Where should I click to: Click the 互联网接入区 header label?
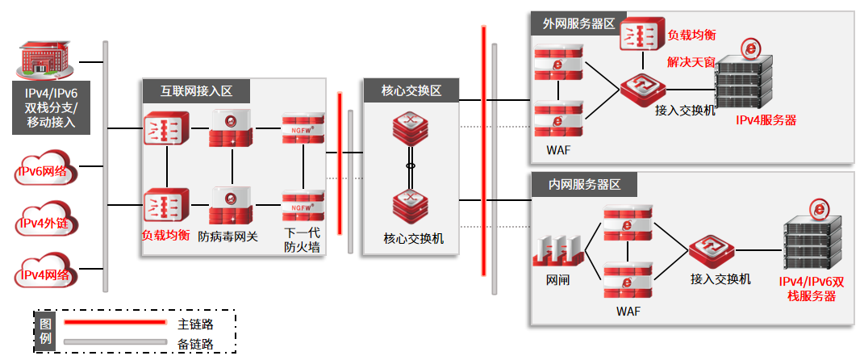[194, 91]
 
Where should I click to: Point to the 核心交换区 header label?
[411, 91]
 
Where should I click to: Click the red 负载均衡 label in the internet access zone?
[165, 236]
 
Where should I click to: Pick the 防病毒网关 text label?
[228, 237]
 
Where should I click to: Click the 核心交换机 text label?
[411, 239]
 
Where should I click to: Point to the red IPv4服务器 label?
[766, 120]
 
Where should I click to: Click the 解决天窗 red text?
[691, 61]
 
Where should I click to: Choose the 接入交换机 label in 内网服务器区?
[720, 279]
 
